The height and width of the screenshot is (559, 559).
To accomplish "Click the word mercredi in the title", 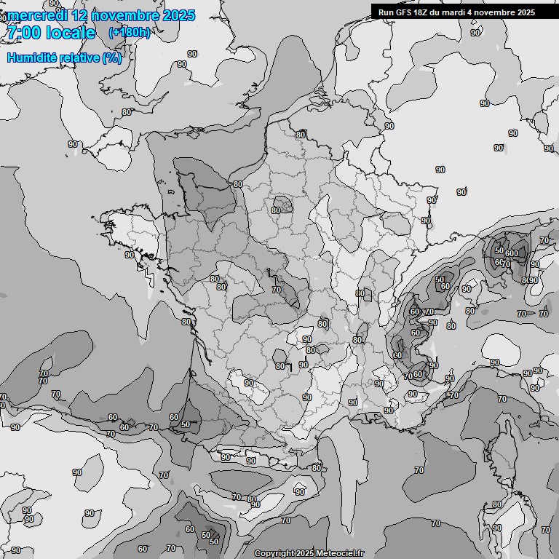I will pos(37,15).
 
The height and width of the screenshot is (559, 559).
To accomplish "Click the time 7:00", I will pos(23,33).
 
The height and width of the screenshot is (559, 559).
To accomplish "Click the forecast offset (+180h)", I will pos(130,33).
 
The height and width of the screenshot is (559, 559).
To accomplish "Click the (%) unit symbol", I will pos(112,58).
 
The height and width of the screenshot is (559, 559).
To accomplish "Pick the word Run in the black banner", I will pos(386,12).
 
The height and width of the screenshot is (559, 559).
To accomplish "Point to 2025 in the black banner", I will pos(526,12).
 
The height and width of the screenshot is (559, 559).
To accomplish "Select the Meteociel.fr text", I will pos(339,554).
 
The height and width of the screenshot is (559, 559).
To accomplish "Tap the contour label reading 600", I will pos(512,253).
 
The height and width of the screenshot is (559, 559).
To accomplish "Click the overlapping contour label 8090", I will pos(529,280).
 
